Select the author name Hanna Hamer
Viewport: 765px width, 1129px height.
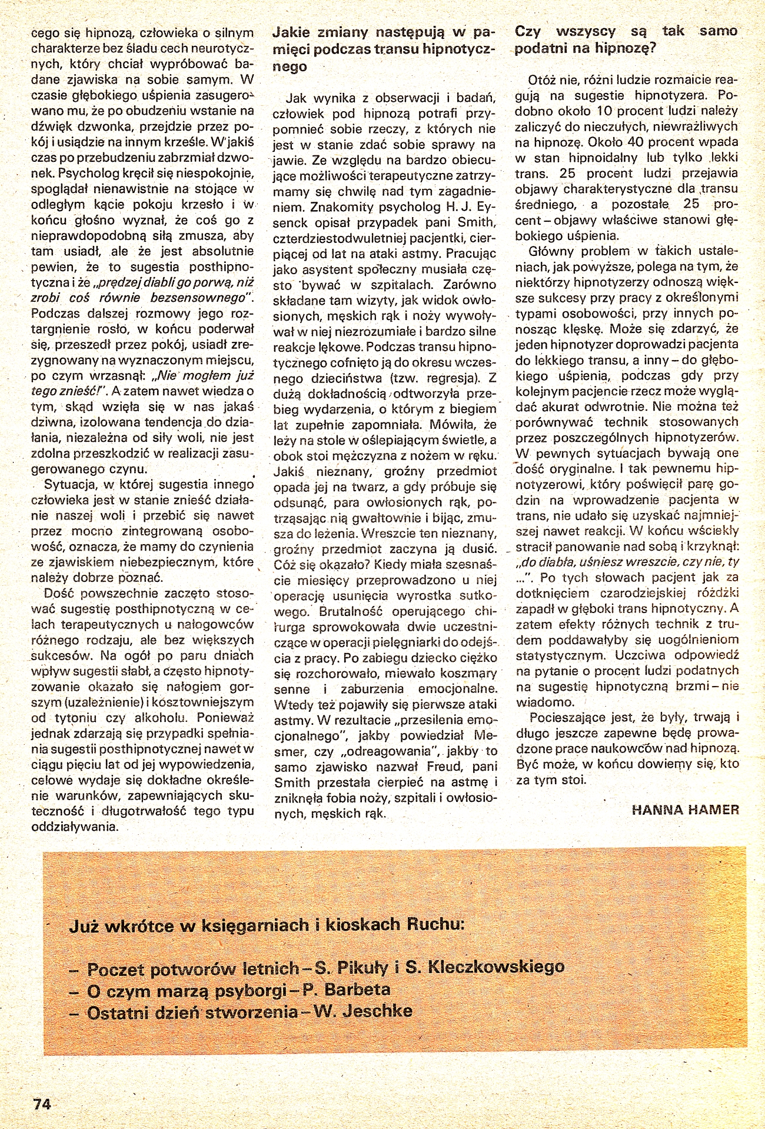tap(685, 809)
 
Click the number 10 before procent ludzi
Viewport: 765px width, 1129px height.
tap(607, 111)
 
